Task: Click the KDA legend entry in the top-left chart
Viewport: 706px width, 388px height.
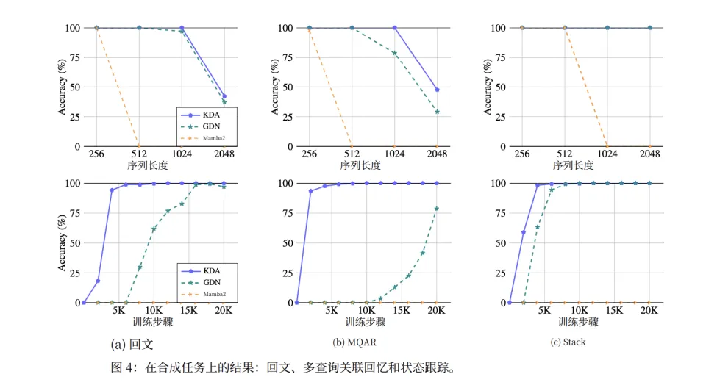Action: click(x=208, y=115)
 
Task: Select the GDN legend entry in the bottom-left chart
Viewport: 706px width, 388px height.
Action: click(x=208, y=282)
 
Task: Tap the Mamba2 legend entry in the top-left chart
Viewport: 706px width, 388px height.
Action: click(x=208, y=137)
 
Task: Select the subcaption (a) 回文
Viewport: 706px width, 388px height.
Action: click(x=132, y=343)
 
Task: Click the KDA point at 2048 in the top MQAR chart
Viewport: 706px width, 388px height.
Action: click(x=437, y=90)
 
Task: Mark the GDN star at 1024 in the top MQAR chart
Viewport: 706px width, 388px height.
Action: click(x=394, y=53)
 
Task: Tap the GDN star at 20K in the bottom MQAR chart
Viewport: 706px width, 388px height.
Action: click(x=437, y=209)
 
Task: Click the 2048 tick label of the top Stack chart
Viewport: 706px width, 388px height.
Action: click(x=649, y=154)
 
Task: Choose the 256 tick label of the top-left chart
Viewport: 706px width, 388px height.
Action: click(x=96, y=154)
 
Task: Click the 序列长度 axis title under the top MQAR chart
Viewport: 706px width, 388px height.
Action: click(x=360, y=165)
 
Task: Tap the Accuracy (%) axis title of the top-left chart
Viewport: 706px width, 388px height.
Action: click(x=63, y=87)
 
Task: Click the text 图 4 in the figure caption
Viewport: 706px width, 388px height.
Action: click(x=120, y=367)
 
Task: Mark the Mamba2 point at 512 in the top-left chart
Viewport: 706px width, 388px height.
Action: click(x=139, y=146)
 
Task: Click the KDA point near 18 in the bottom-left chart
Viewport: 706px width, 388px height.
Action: click(x=98, y=281)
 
